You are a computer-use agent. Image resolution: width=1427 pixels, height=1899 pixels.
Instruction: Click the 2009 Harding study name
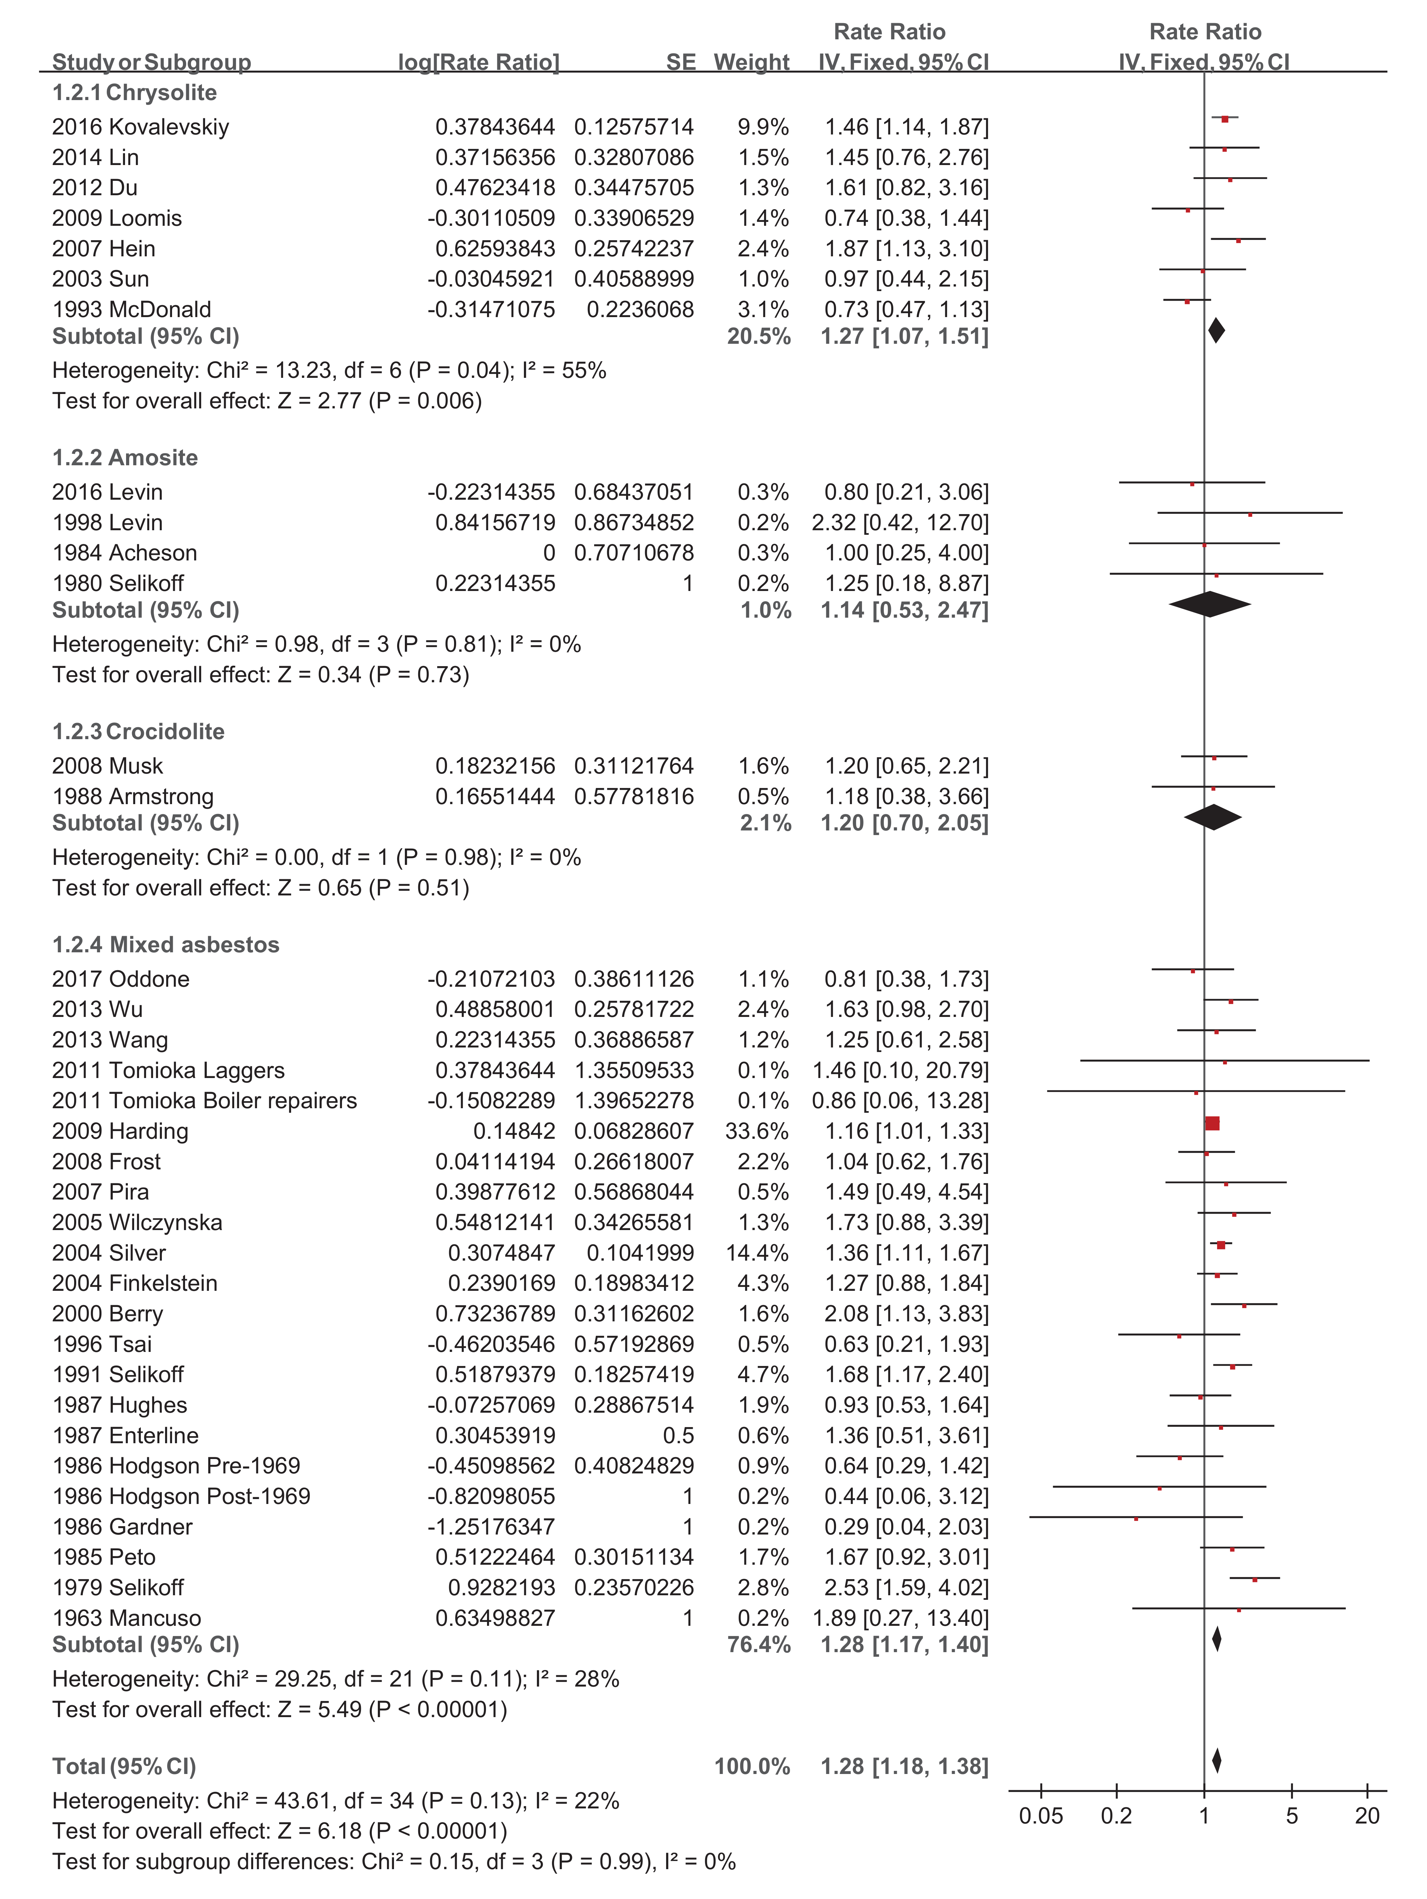[120, 1131]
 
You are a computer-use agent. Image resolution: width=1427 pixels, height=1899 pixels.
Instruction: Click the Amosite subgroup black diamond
[1209, 604]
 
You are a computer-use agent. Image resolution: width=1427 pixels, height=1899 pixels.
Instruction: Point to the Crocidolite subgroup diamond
[1212, 817]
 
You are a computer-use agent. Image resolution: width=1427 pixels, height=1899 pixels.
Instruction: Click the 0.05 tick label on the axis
[1041, 1816]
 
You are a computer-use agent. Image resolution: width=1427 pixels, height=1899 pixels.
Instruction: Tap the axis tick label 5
[1291, 1816]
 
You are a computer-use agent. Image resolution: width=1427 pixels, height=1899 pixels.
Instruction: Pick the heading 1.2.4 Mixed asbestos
[166, 944]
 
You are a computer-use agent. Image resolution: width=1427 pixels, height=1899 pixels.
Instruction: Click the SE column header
[681, 62]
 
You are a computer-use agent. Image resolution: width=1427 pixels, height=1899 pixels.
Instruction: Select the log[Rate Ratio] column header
[478, 62]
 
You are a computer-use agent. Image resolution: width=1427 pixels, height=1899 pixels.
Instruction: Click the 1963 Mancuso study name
[126, 1618]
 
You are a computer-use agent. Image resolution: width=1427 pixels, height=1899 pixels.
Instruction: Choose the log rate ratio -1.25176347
[491, 1526]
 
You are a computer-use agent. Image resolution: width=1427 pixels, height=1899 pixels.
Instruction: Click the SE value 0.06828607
[634, 1131]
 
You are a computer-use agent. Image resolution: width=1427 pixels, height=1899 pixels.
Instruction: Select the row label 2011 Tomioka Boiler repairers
[204, 1100]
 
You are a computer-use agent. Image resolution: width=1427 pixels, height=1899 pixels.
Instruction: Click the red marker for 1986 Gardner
[1136, 1519]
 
